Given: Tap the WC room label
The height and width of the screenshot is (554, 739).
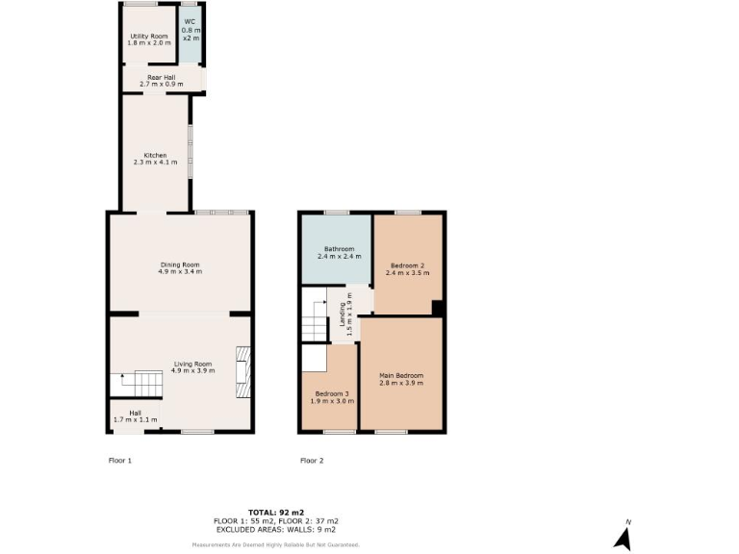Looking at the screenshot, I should tap(190, 20).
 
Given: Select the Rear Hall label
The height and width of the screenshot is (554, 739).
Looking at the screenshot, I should tap(160, 77).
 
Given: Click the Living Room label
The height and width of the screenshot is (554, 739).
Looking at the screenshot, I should tap(191, 364).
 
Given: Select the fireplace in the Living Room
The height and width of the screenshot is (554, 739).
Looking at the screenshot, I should tap(242, 372).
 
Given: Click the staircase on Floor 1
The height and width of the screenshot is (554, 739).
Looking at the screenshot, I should tap(136, 386).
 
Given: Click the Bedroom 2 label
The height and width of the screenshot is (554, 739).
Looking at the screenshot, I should tap(408, 264).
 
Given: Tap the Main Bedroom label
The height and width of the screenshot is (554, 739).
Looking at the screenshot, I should tap(401, 375).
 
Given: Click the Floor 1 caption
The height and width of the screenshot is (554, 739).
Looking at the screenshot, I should tap(119, 461).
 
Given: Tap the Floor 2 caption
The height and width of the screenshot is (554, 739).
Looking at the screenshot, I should tap(312, 461).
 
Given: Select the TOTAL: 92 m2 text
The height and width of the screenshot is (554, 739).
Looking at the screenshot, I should tap(275, 512).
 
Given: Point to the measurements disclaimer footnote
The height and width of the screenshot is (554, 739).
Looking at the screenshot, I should tap(275, 544).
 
